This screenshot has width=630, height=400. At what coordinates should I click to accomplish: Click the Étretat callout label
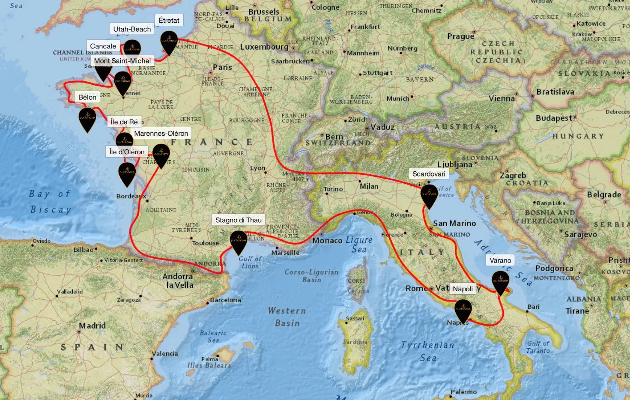[169, 20]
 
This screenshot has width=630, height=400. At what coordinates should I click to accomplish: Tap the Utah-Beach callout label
[132, 29]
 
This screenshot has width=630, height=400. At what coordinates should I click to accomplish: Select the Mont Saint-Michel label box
[122, 61]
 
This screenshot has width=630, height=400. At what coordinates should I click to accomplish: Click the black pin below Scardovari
[429, 195]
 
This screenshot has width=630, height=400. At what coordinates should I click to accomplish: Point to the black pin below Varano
[500, 281]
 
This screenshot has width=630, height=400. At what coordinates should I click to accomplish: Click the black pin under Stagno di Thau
[239, 241]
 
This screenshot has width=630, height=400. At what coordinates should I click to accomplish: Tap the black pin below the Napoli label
[463, 310]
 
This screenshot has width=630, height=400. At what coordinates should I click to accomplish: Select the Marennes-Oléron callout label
[161, 133]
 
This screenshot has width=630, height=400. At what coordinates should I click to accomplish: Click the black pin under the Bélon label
[87, 118]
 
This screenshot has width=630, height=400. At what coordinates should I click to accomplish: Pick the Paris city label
[222, 67]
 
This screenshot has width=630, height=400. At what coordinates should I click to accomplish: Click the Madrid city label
[92, 325]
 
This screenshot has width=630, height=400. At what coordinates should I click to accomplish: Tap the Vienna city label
[502, 99]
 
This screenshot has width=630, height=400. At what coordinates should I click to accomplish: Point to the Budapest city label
[554, 118]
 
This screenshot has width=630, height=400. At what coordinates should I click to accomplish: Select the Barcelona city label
[225, 300]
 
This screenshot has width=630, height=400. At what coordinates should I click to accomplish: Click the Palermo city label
[463, 392]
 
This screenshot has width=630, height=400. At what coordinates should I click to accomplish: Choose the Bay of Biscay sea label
[50, 202]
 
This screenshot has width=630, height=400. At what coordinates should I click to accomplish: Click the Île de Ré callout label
[124, 122]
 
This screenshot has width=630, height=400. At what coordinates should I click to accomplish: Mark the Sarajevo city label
[581, 234]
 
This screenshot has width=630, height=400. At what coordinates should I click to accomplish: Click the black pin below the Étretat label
[169, 42]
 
